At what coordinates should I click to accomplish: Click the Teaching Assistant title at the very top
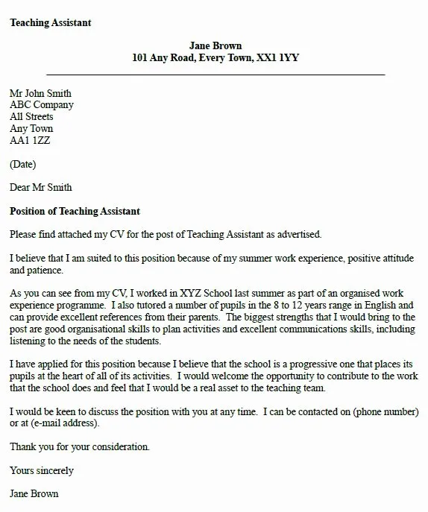[51, 23]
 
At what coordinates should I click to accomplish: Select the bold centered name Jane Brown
[215, 46]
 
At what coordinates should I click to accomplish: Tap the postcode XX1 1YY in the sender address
[275, 58]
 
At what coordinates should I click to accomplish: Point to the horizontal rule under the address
[215, 75]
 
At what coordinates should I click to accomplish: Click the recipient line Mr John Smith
[40, 94]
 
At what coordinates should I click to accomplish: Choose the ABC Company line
[41, 105]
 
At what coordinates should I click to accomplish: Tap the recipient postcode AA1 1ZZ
[31, 140]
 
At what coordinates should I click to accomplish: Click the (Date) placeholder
[22, 164]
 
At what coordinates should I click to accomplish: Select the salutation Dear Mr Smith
[41, 187]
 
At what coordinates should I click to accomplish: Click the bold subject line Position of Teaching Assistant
[75, 211]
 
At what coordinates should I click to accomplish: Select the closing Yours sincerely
[42, 470]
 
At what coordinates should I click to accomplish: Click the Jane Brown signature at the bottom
[34, 493]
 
